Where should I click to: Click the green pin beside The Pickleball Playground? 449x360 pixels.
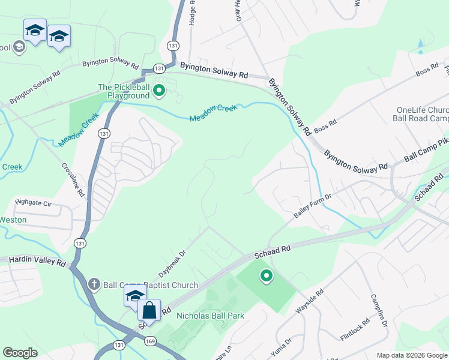pos(159,91)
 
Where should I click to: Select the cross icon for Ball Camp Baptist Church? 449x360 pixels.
pos(94,284)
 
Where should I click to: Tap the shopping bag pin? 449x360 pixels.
pos(149,311)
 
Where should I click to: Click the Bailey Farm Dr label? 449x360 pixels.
pos(312,205)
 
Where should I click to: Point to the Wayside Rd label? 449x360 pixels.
pos(310,302)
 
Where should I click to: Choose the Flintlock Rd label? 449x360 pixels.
pos(355,329)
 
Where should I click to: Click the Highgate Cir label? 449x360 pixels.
pos(34,203)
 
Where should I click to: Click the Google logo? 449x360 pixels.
pos(20,353)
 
